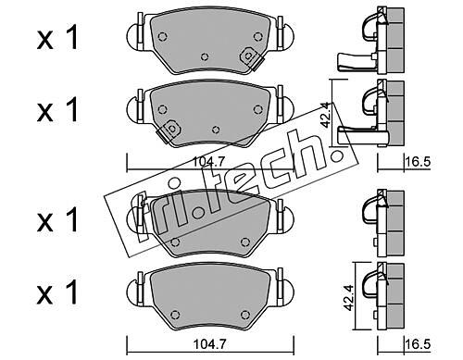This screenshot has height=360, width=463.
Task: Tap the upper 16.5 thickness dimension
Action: point(418,161)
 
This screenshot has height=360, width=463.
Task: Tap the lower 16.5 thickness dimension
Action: point(418,343)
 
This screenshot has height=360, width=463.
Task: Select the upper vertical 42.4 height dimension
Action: point(325,115)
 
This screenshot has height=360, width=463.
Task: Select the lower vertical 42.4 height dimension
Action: point(348,298)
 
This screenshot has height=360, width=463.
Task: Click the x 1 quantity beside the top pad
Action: point(57,39)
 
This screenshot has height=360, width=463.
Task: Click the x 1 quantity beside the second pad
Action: point(57,109)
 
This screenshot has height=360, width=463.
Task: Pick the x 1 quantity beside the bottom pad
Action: point(57,292)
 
